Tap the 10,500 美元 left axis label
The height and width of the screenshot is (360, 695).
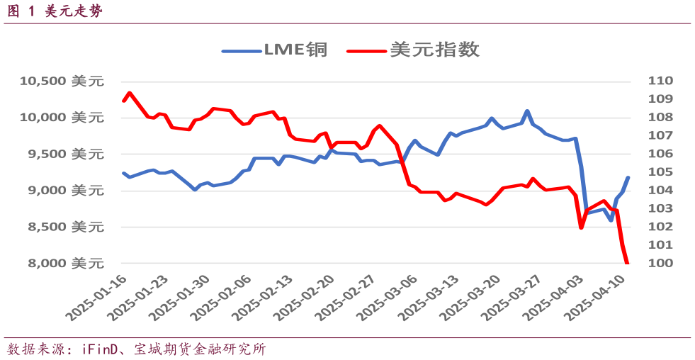point(62,81)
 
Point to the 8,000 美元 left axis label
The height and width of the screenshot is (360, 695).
point(62,264)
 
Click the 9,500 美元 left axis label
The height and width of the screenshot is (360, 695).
point(62,154)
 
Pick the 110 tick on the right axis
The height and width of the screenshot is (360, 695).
point(659,81)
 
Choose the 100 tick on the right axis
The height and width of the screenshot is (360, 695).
point(659,264)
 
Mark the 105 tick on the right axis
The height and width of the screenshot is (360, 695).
point(659,172)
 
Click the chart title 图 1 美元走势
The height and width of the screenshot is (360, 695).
point(57,11)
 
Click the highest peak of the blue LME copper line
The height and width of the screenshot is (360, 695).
point(527,111)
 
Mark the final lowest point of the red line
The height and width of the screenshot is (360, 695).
point(627,263)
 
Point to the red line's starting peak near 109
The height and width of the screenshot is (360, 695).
point(129,93)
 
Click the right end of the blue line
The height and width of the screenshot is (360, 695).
point(628,178)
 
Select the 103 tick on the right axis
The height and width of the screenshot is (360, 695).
point(659,208)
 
